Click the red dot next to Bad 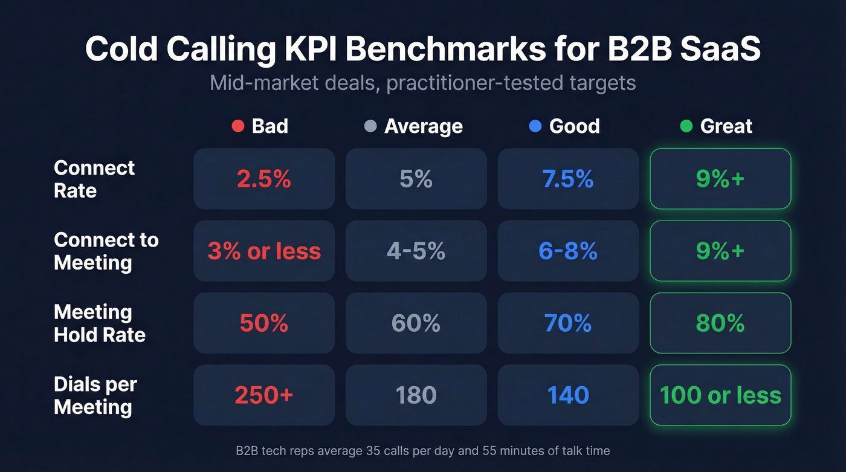tap(237, 126)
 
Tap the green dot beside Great tap(686, 126)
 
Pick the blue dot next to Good tap(534, 126)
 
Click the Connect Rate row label tap(94, 179)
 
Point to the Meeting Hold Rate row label tap(99, 323)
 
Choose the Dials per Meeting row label tap(95, 395)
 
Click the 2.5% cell tap(264, 179)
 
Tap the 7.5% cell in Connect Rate tap(568, 179)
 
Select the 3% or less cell tap(264, 251)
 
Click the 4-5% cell tap(416, 251)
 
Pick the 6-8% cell tap(568, 251)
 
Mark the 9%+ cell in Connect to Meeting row tap(720, 251)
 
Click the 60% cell tap(416, 323)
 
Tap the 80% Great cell tap(720, 323)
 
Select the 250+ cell tap(264, 395)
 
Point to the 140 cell tap(568, 395)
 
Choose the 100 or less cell tap(720, 395)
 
